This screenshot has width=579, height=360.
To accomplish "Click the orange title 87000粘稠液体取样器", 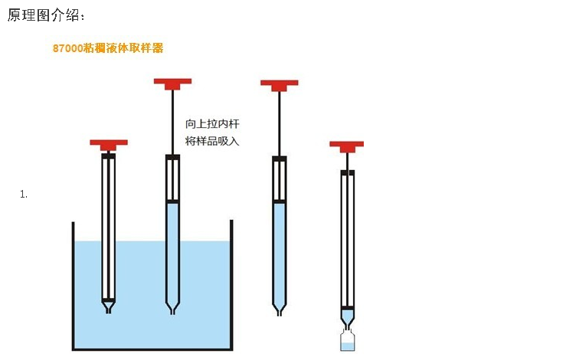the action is coord(108,47).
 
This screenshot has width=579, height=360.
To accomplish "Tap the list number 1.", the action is coord(23,195).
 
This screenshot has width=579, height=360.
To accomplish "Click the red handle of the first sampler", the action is coord(109,143).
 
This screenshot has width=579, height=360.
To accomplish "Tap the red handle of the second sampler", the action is coord(172,81).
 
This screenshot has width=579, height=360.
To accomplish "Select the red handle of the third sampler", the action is coord(280,83).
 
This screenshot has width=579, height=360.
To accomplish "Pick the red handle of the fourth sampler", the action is coord(347,145).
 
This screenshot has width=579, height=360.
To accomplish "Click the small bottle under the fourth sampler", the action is coord(348,342).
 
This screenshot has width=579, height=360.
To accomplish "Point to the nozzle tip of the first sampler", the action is coord(109,309).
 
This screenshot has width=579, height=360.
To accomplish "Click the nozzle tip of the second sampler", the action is coord(172,309).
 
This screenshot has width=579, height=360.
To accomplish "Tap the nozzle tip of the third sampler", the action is coord(280,310).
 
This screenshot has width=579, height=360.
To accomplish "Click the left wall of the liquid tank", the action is coord(74,283).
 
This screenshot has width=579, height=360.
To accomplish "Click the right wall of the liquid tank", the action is coord(231,283).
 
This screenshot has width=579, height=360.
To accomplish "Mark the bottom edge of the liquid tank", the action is coord(152,349).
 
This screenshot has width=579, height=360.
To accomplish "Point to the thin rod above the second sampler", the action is coord(172,119).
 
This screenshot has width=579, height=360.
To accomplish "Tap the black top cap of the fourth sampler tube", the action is coord(348,173).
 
